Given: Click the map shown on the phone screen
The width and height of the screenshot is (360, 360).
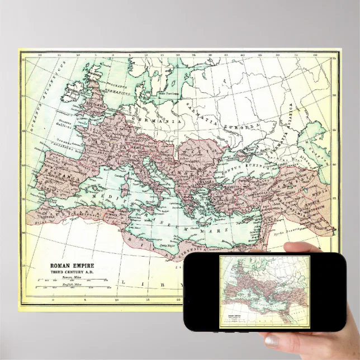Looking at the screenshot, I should (x=264, y=291).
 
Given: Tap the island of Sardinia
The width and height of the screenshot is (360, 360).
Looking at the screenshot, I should (x=124, y=187).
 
